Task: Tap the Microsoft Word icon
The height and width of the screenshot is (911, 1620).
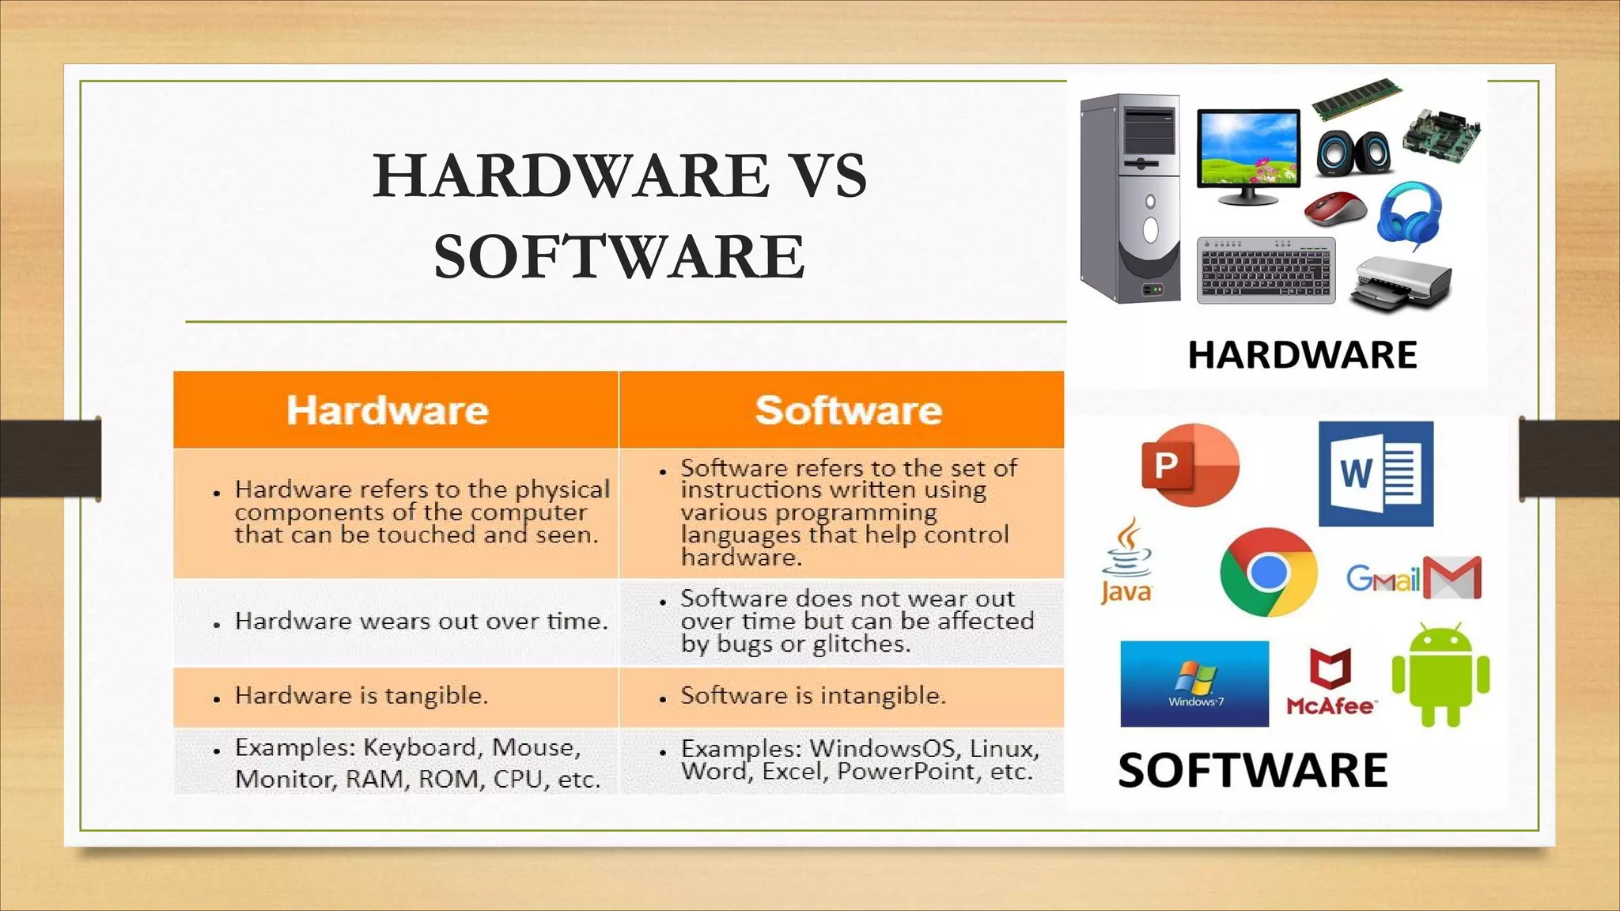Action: pos(1376,474)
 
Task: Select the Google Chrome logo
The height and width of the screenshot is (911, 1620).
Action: pos(1268,572)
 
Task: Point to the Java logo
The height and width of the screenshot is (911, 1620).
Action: pos(1126,561)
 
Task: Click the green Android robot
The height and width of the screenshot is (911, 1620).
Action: pos(1440,675)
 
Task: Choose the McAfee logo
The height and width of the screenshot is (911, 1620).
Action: pos(1330,682)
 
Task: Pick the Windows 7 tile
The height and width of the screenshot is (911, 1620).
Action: pos(1194,684)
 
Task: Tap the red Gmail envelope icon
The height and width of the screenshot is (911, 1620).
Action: pos(1452,578)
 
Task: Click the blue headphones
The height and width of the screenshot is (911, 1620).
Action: pos(1410,214)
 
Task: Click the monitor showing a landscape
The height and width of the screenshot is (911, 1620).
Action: pos(1248,154)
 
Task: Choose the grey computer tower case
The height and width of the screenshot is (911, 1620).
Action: pos(1130,198)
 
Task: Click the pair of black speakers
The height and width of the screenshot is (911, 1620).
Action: pos(1353,152)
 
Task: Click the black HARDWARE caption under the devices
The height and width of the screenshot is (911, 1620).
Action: pos(1302,354)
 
